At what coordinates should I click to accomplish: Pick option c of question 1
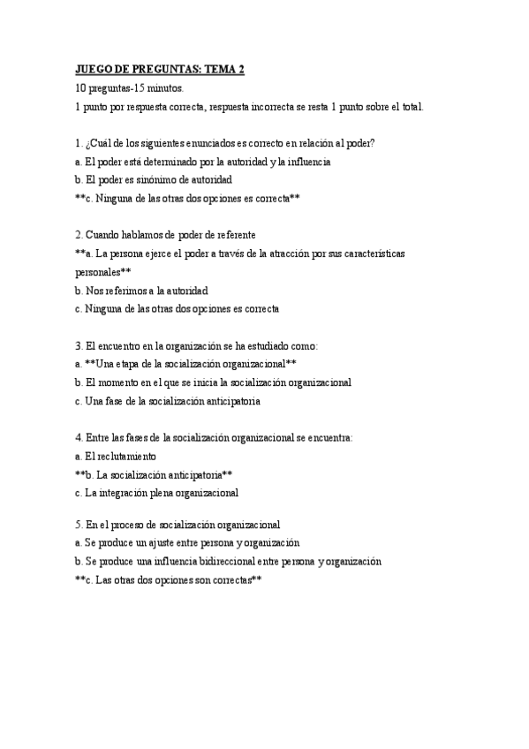pyautogui.click(x=187, y=198)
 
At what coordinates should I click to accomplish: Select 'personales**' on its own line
pyautogui.click(x=103, y=272)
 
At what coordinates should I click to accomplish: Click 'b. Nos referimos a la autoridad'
pyautogui.click(x=142, y=291)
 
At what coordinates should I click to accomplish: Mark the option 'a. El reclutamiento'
pyautogui.click(x=116, y=456)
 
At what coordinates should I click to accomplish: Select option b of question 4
pyautogui.click(x=154, y=474)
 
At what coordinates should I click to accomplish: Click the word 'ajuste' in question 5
pyautogui.click(x=170, y=542)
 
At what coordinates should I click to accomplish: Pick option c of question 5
pyautogui.click(x=169, y=579)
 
